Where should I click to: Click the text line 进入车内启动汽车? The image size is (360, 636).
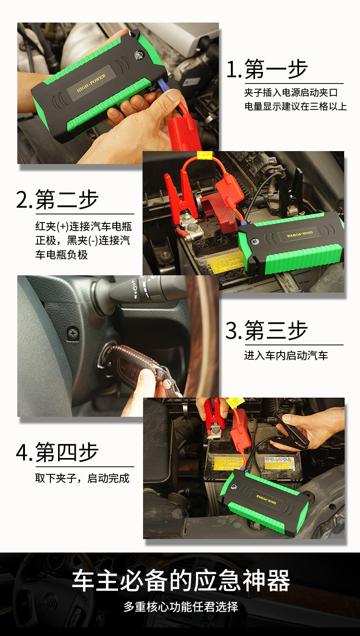[286, 355]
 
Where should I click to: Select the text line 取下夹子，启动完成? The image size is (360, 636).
[82, 478]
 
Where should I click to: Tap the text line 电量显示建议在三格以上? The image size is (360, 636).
[295, 106]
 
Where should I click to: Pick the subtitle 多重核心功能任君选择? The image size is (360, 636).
[180, 606]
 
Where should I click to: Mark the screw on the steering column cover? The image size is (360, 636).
[73, 331]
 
